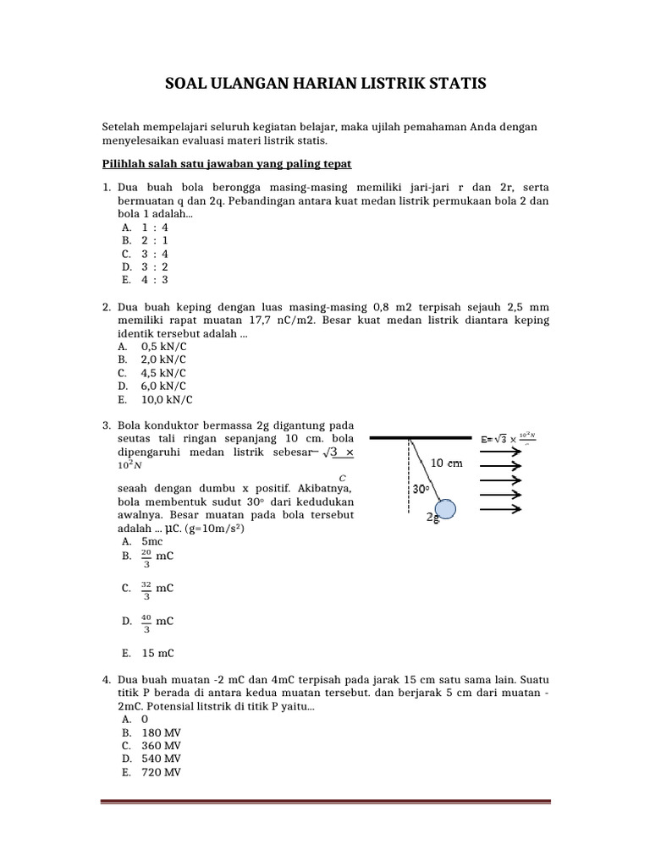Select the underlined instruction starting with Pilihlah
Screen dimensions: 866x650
click(x=226, y=162)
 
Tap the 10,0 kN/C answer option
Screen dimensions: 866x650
click(x=166, y=399)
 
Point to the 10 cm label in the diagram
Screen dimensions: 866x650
click(x=448, y=463)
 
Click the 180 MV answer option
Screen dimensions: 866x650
click(x=161, y=732)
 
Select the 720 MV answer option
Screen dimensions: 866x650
click(x=161, y=772)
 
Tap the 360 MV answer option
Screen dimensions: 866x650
click(x=161, y=746)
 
